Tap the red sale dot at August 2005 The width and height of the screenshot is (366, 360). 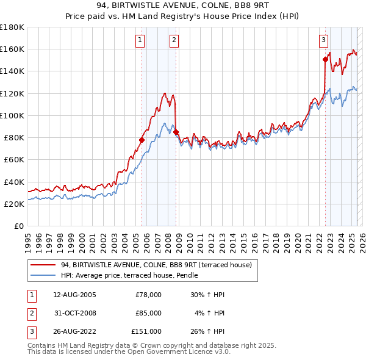click(142, 140)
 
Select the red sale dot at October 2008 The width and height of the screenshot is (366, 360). click(176, 132)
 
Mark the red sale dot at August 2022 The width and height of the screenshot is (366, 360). click(325, 59)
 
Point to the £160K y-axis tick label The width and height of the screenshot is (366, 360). click(12, 49)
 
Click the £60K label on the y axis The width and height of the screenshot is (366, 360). click(14, 159)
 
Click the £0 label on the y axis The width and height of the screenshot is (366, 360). click(19, 226)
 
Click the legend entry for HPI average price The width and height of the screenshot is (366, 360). click(120, 275)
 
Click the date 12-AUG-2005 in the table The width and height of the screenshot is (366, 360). click(74, 295)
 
